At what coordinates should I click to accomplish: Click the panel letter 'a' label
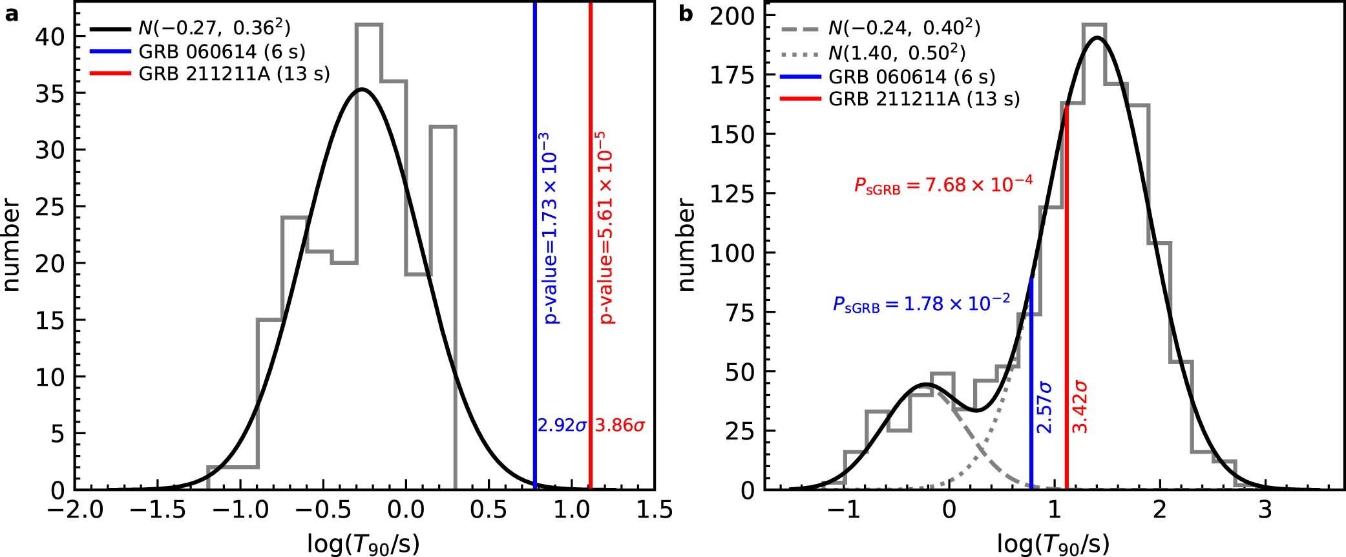(11, 14)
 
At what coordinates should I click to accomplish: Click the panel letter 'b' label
(686, 14)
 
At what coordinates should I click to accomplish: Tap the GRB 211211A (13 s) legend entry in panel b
(924, 99)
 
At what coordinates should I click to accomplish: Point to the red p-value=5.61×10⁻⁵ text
(606, 227)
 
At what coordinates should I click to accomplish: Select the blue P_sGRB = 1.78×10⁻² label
(921, 304)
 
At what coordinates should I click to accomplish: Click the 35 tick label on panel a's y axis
(50, 94)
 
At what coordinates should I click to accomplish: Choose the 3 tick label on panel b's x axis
(1265, 512)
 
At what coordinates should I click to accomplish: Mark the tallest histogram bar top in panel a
(368, 25)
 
